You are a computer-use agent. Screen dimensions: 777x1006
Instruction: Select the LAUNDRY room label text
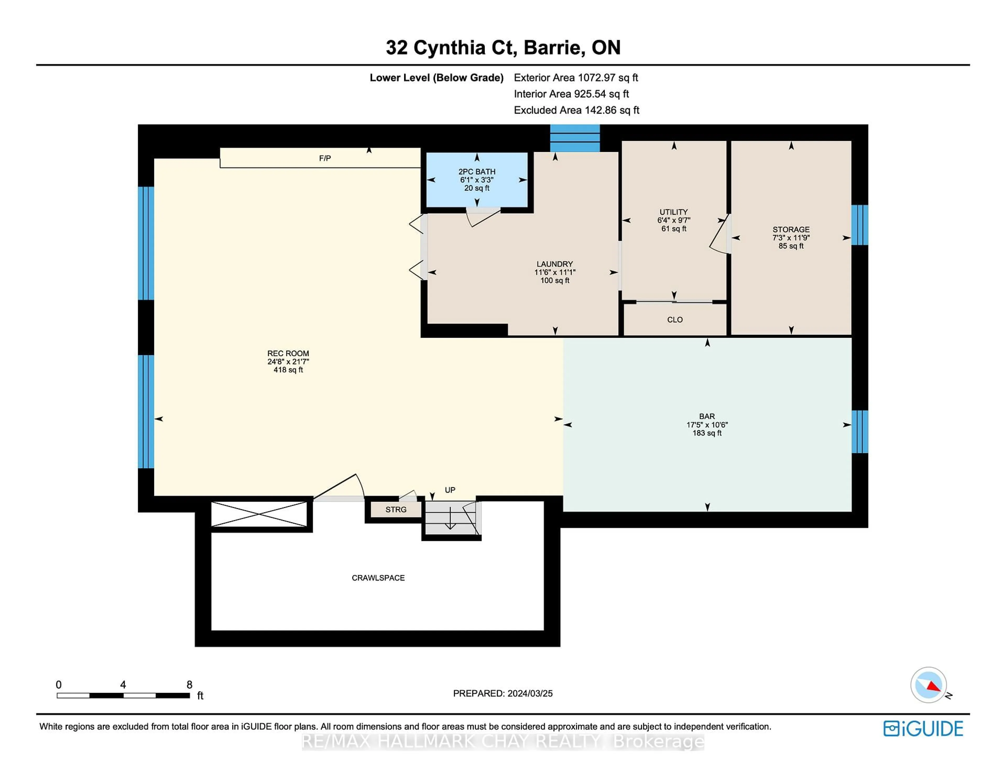555,264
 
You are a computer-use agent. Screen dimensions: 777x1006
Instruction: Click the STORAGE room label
791,230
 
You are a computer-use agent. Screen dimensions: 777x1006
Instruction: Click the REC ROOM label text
288,353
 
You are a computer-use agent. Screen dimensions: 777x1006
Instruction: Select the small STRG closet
396,509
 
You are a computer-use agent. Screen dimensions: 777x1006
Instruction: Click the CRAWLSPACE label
378,578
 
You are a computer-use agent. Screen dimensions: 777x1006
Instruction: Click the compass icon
928,685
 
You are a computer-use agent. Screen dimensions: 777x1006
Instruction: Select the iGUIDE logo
923,729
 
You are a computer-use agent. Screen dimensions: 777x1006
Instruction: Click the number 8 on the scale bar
189,685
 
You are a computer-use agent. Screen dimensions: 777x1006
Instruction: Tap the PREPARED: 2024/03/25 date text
502,693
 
